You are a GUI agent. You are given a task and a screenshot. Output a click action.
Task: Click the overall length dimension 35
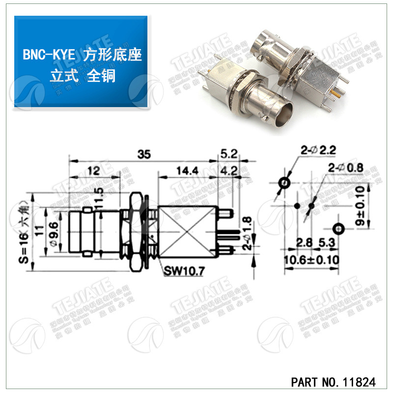(x=144, y=154)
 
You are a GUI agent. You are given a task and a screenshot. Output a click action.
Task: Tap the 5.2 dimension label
(x=229, y=154)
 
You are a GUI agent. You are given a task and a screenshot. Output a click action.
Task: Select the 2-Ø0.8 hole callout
(x=346, y=168)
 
